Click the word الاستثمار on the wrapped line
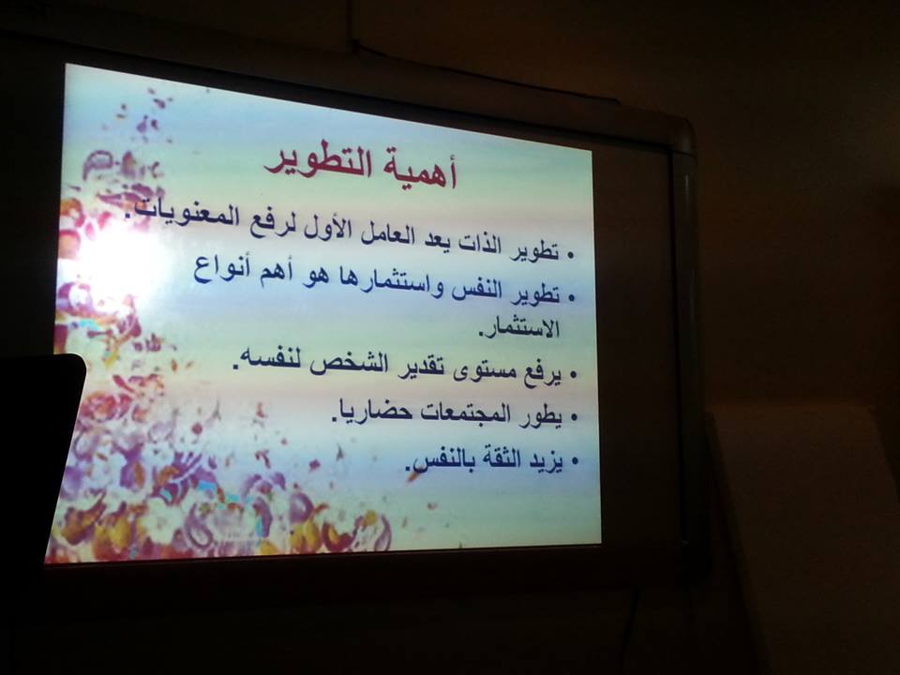point(519,328)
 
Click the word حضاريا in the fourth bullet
point(372,411)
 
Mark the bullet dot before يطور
point(573,418)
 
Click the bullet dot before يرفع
point(572,375)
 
